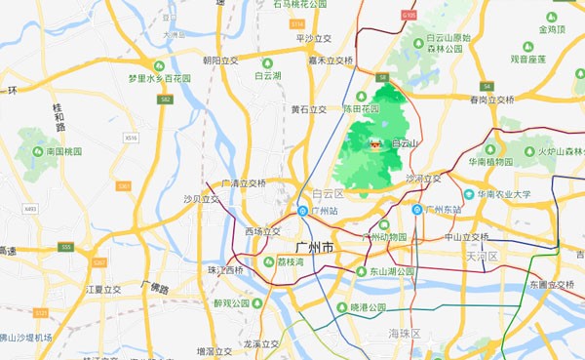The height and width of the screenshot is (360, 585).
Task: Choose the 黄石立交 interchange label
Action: (x=311, y=109)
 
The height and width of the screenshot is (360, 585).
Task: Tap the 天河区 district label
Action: (x=483, y=257)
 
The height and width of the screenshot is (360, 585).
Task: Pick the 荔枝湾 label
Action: (x=292, y=261)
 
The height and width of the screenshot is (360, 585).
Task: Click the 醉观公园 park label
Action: (x=232, y=303)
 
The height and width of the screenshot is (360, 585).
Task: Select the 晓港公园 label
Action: (x=369, y=306)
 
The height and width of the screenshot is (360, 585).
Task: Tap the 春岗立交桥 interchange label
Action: (x=491, y=100)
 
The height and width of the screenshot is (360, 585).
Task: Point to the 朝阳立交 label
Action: (x=221, y=60)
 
